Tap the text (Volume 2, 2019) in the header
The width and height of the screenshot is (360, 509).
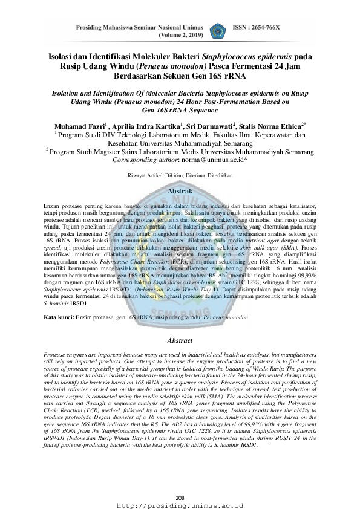click(x=179, y=35)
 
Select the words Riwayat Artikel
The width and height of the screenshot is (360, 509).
click(x=145, y=175)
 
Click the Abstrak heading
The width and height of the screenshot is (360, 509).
click(x=180, y=190)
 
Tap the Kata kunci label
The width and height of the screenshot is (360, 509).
click(x=59, y=300)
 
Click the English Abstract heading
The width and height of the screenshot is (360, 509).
click(x=179, y=324)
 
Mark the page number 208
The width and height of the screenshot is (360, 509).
click(x=180, y=498)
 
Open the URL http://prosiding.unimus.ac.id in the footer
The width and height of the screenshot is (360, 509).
click(x=180, y=504)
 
